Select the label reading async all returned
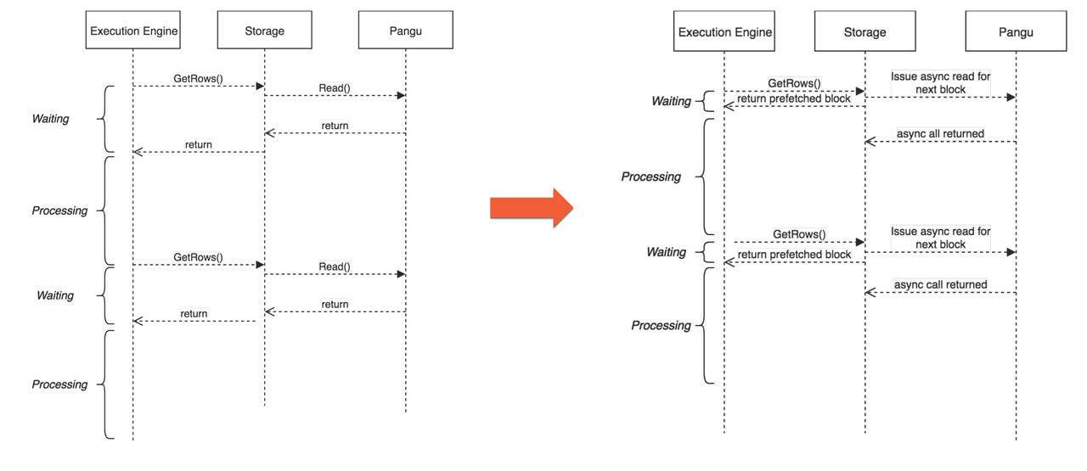tap(940, 133)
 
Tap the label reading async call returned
tap(940, 284)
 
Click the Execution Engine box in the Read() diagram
tap(133, 31)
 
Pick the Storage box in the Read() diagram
tap(265, 31)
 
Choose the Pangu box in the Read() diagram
tap(405, 31)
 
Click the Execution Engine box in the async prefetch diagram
tap(724, 32)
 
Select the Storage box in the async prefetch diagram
tap(865, 32)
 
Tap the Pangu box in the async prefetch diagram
tap(1016, 32)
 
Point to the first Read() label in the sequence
tap(335, 87)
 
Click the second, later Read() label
tap(335, 266)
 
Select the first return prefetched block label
tap(793, 98)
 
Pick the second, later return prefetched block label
tap(793, 255)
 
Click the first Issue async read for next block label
tap(940, 82)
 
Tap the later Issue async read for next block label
tap(940, 238)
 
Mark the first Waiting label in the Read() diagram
tap(50, 119)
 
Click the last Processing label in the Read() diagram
tap(59, 384)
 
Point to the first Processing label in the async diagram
tap(651, 177)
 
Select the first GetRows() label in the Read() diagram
tap(198, 78)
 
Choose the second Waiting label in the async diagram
tap(666, 252)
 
